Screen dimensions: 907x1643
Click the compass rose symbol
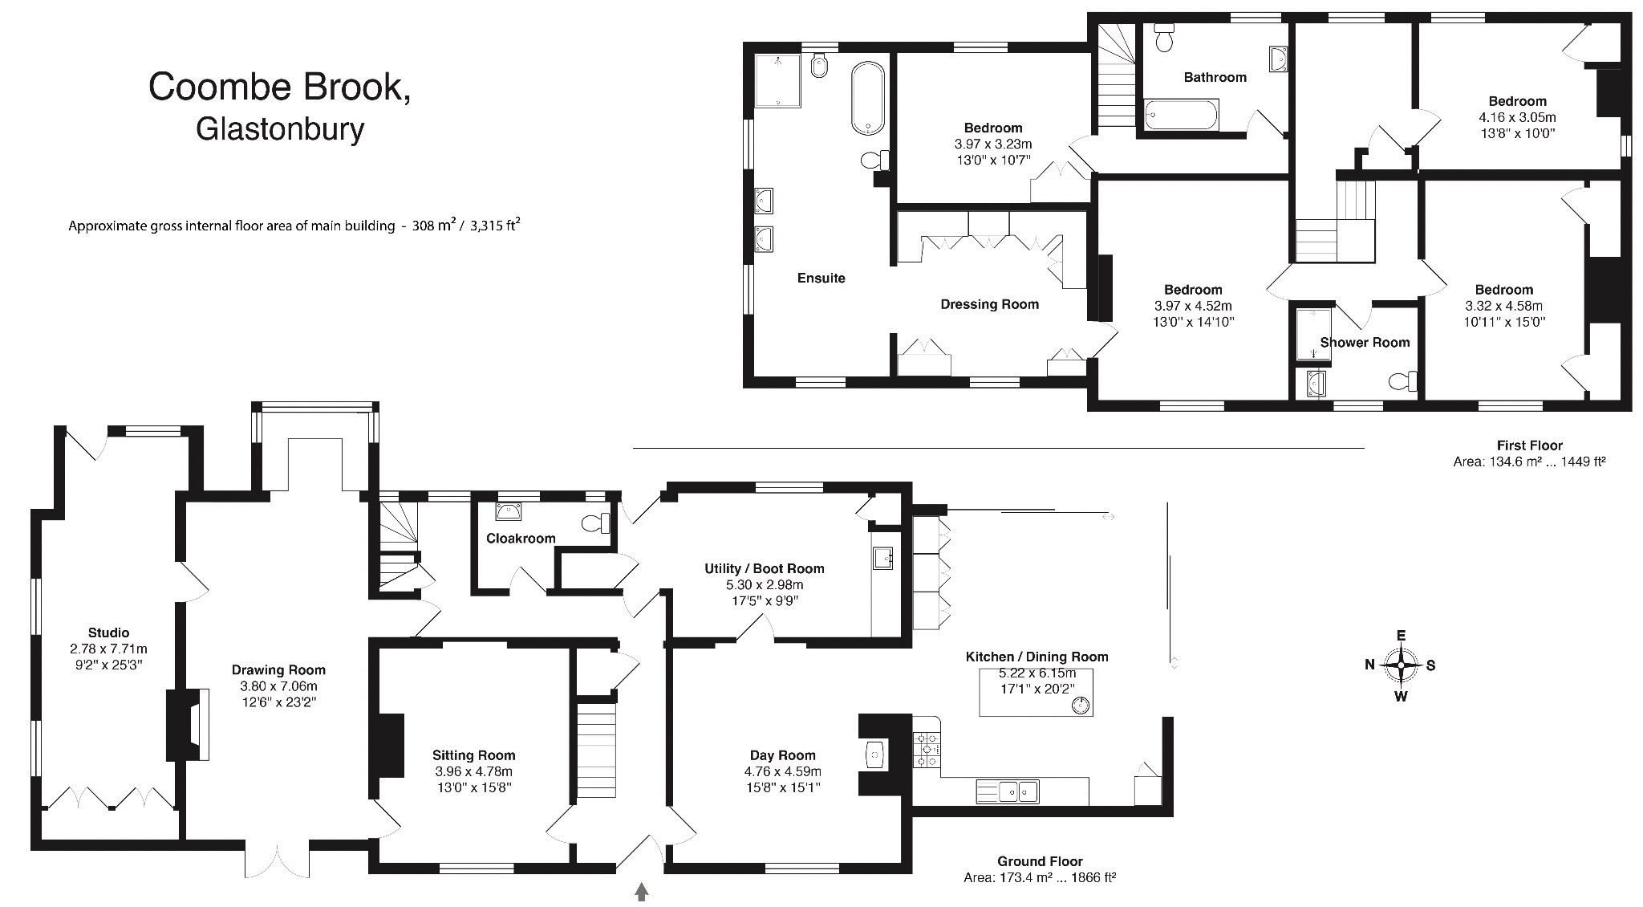coord(1401,665)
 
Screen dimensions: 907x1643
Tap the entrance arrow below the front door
coord(641,891)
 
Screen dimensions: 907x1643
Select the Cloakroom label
coord(521,538)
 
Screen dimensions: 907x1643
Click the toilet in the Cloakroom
coord(596,523)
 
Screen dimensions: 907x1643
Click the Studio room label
coord(108,632)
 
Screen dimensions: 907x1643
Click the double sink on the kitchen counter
coord(1008,791)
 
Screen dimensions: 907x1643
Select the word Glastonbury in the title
coord(280,128)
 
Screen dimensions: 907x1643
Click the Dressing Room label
coord(989,304)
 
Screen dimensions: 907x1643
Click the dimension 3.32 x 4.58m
coord(1503,306)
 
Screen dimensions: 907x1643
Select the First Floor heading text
coord(1529,445)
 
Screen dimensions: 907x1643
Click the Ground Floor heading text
coord(1040,861)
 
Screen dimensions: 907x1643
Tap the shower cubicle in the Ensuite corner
coord(777,80)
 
